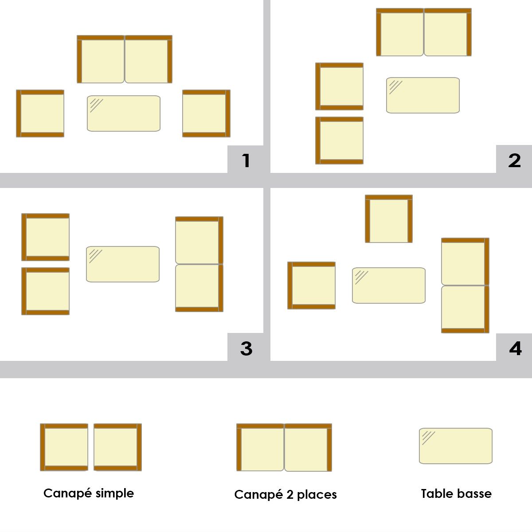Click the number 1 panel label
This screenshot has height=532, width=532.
(246, 160)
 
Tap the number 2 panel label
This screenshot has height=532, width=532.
(514, 160)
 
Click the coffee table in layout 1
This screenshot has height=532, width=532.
(124, 113)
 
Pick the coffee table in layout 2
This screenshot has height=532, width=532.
(422, 95)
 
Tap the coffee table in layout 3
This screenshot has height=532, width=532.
(123, 264)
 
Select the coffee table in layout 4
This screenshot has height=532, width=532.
(389, 286)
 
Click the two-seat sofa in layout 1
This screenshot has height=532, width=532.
(125, 59)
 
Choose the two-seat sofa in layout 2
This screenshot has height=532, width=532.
(424, 32)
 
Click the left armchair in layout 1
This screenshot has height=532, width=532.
(40, 113)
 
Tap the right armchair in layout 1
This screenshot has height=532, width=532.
(206, 113)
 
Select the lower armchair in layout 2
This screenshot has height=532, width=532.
(339, 141)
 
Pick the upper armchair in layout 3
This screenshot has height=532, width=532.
(45, 237)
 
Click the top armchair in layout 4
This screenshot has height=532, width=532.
(389, 219)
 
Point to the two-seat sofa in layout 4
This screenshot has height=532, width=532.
(465, 286)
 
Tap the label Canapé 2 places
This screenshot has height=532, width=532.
(286, 495)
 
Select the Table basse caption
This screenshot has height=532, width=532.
(456, 493)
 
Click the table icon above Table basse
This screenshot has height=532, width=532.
(456, 446)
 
